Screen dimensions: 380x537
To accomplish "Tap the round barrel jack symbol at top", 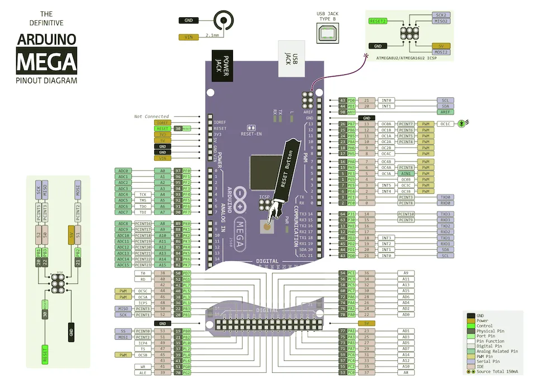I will coord(225,21).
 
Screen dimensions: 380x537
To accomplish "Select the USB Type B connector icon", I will coord(327,35).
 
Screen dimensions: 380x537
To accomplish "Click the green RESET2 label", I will coord(378,21).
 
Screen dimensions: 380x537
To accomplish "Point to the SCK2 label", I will coord(441,15).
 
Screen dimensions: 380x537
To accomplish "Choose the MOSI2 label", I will coord(441,52).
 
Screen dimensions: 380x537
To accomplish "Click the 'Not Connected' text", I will coord(151,116).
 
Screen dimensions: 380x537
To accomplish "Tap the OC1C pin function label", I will coord(445,123).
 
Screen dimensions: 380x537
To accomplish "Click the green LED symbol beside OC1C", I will coord(462,123).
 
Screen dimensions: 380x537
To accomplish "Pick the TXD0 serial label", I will coord(445,197).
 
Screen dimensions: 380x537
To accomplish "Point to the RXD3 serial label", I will coord(445,220).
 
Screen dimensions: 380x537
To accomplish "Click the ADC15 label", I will coord(123,265).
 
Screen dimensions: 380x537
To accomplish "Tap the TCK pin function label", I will coord(144,194).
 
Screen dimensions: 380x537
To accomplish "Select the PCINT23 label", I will coord(144,265).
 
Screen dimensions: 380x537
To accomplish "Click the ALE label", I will coord(144,372).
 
